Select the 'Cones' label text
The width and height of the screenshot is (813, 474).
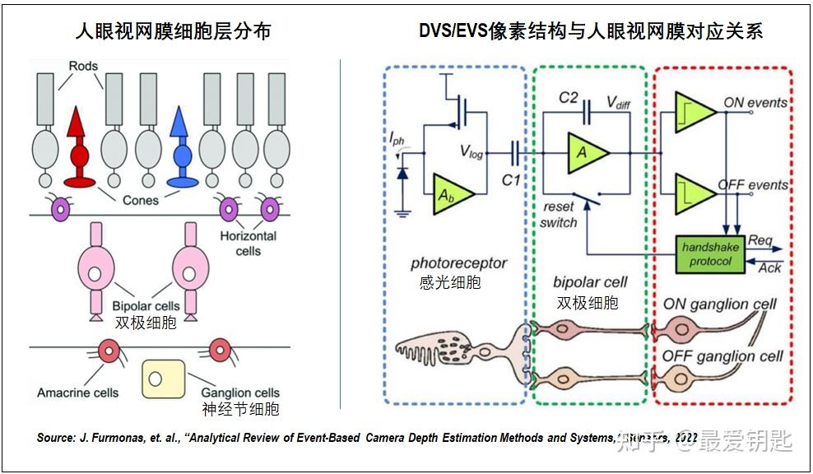141,200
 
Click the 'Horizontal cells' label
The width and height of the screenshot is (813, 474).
248,243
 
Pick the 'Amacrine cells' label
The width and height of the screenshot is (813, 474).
78,393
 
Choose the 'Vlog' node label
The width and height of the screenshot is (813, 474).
471,153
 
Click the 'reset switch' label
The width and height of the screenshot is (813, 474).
560,215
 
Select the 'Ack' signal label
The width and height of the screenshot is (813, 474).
769,267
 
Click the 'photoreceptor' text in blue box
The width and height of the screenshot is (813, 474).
458,263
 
